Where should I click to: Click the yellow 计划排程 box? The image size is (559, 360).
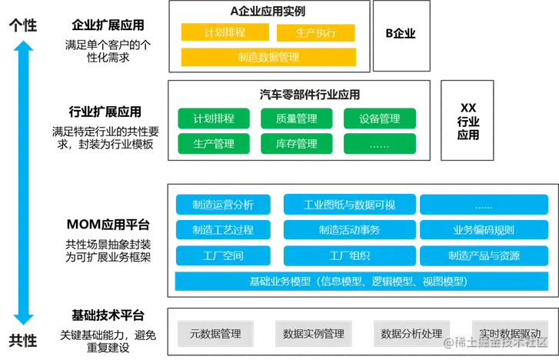(x=225, y=32)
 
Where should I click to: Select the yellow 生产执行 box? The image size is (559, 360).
(x=315, y=32)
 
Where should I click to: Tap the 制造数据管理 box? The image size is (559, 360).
(x=268, y=57)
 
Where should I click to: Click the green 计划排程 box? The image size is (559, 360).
(x=214, y=118)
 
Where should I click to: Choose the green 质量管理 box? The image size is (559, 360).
(x=297, y=118)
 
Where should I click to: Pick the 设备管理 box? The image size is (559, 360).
(x=380, y=118)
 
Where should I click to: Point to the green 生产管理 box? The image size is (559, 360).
(x=214, y=143)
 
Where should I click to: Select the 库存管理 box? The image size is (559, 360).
(x=297, y=143)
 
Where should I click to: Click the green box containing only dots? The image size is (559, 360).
(x=380, y=143)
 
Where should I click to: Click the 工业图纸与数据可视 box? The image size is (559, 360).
(x=350, y=205)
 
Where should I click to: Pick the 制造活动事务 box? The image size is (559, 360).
(x=350, y=229)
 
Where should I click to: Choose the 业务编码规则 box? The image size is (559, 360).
(x=484, y=229)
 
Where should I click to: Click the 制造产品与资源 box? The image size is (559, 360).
(x=484, y=255)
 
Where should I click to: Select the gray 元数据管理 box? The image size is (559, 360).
(x=215, y=334)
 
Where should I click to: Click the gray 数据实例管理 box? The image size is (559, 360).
(x=314, y=334)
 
